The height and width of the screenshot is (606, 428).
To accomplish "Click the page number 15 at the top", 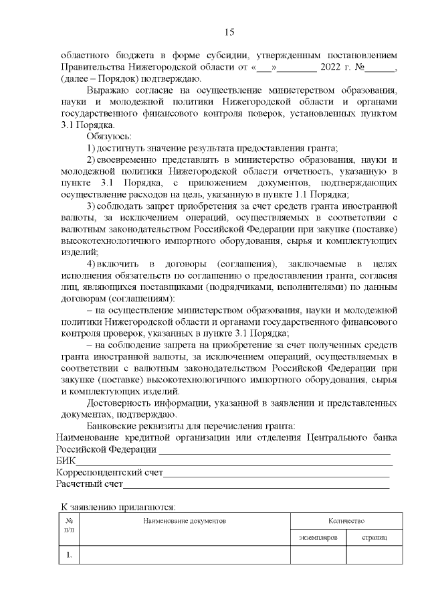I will pos(228,31).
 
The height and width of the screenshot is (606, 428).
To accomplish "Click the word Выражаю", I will pos(109,90).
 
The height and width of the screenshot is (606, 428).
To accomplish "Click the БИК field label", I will pos(66,461).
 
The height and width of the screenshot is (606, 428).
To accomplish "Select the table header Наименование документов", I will pos(185,520).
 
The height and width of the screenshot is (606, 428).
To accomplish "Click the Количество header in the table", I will pos(346,520).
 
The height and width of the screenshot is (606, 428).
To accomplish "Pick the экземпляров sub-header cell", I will pos(318,538).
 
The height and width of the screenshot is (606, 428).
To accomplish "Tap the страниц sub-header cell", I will pos(374,538).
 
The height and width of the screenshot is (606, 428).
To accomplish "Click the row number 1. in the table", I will pos(69,555).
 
